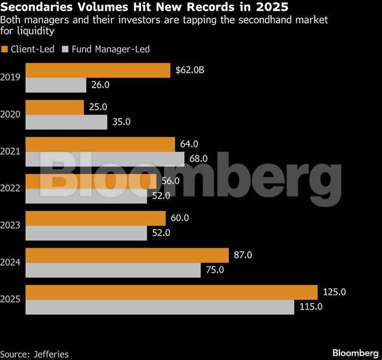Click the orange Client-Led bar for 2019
pyautogui.click(x=98, y=71)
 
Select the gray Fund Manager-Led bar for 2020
pyautogui.click(x=66, y=122)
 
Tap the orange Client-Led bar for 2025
pyautogui.click(x=171, y=292)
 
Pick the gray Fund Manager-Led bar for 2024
pyautogui.click(x=113, y=270)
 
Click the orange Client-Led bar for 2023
pyautogui.click(x=95, y=218)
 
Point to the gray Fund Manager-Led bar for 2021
pyautogui.click(x=105, y=159)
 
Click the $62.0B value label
pyautogui.click(x=190, y=71)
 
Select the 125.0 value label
pyautogui.click(x=335, y=292)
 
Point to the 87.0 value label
pyautogui.click(x=242, y=255)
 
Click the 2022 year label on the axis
pyautogui.click(x=11, y=188)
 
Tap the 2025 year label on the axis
pyautogui.click(x=11, y=299)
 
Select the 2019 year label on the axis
pyautogui.click(x=11, y=77)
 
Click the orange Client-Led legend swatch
pyautogui.click(x=5, y=49)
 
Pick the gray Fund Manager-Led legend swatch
pyautogui.click(x=66, y=49)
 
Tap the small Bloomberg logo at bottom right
pyautogui.click(x=354, y=352)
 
